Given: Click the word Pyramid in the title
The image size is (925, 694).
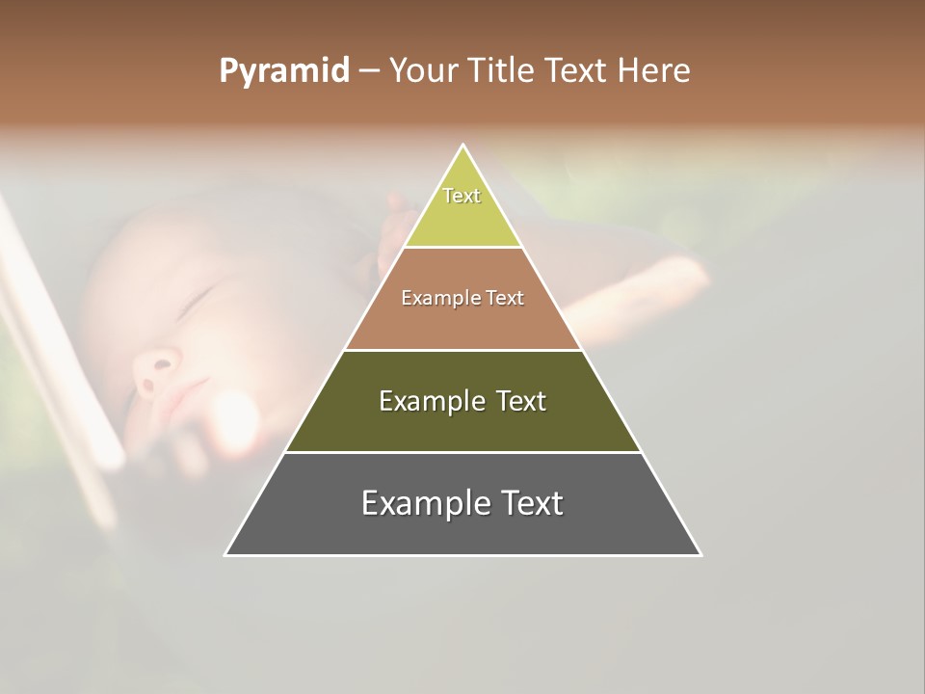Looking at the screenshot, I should click(284, 71).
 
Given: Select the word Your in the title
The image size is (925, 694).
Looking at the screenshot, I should click(426, 71).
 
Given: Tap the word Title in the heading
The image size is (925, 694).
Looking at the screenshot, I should click(504, 71).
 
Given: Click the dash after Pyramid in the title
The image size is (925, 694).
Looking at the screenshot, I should click(369, 71).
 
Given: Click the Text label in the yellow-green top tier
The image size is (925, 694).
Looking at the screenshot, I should click(462, 196).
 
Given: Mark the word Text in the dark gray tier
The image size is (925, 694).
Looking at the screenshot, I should click(529, 503).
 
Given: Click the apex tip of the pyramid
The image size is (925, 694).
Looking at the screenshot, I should click(463, 146).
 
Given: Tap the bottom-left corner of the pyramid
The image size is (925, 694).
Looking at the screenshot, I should click(226, 554).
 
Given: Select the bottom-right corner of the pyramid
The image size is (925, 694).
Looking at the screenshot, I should click(700, 554).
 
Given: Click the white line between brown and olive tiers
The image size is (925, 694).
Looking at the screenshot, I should click(462, 350).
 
